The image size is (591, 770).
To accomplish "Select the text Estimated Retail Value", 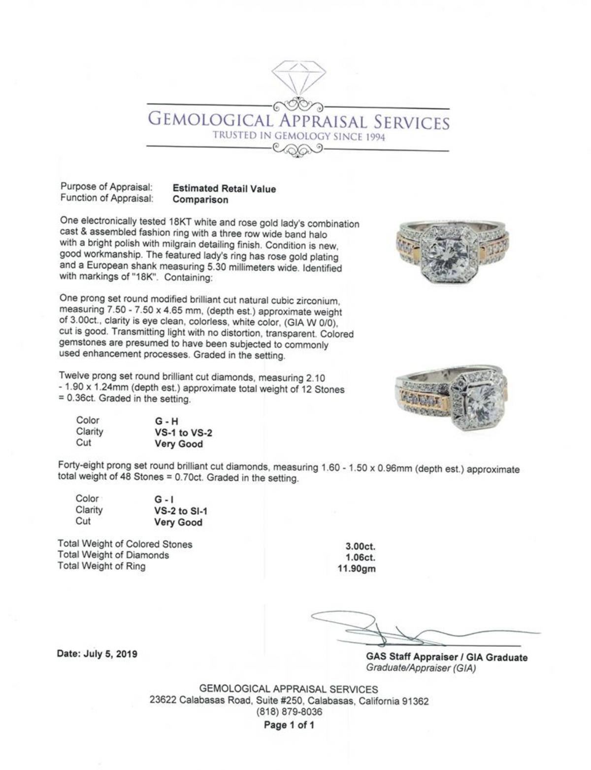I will (224, 189).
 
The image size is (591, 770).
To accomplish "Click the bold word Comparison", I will (200, 200).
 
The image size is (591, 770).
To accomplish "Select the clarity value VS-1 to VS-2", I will (183, 433).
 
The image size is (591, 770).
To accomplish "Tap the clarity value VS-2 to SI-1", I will (181, 511).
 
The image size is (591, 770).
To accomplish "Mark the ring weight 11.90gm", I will (356, 569).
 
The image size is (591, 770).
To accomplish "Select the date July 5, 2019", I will (98, 654).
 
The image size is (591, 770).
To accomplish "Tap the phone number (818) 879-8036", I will (289, 711).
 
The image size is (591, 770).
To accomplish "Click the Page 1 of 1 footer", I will (289, 725).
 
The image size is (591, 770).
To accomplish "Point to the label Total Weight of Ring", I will (101, 566).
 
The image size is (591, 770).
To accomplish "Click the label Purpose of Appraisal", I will (106, 187).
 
